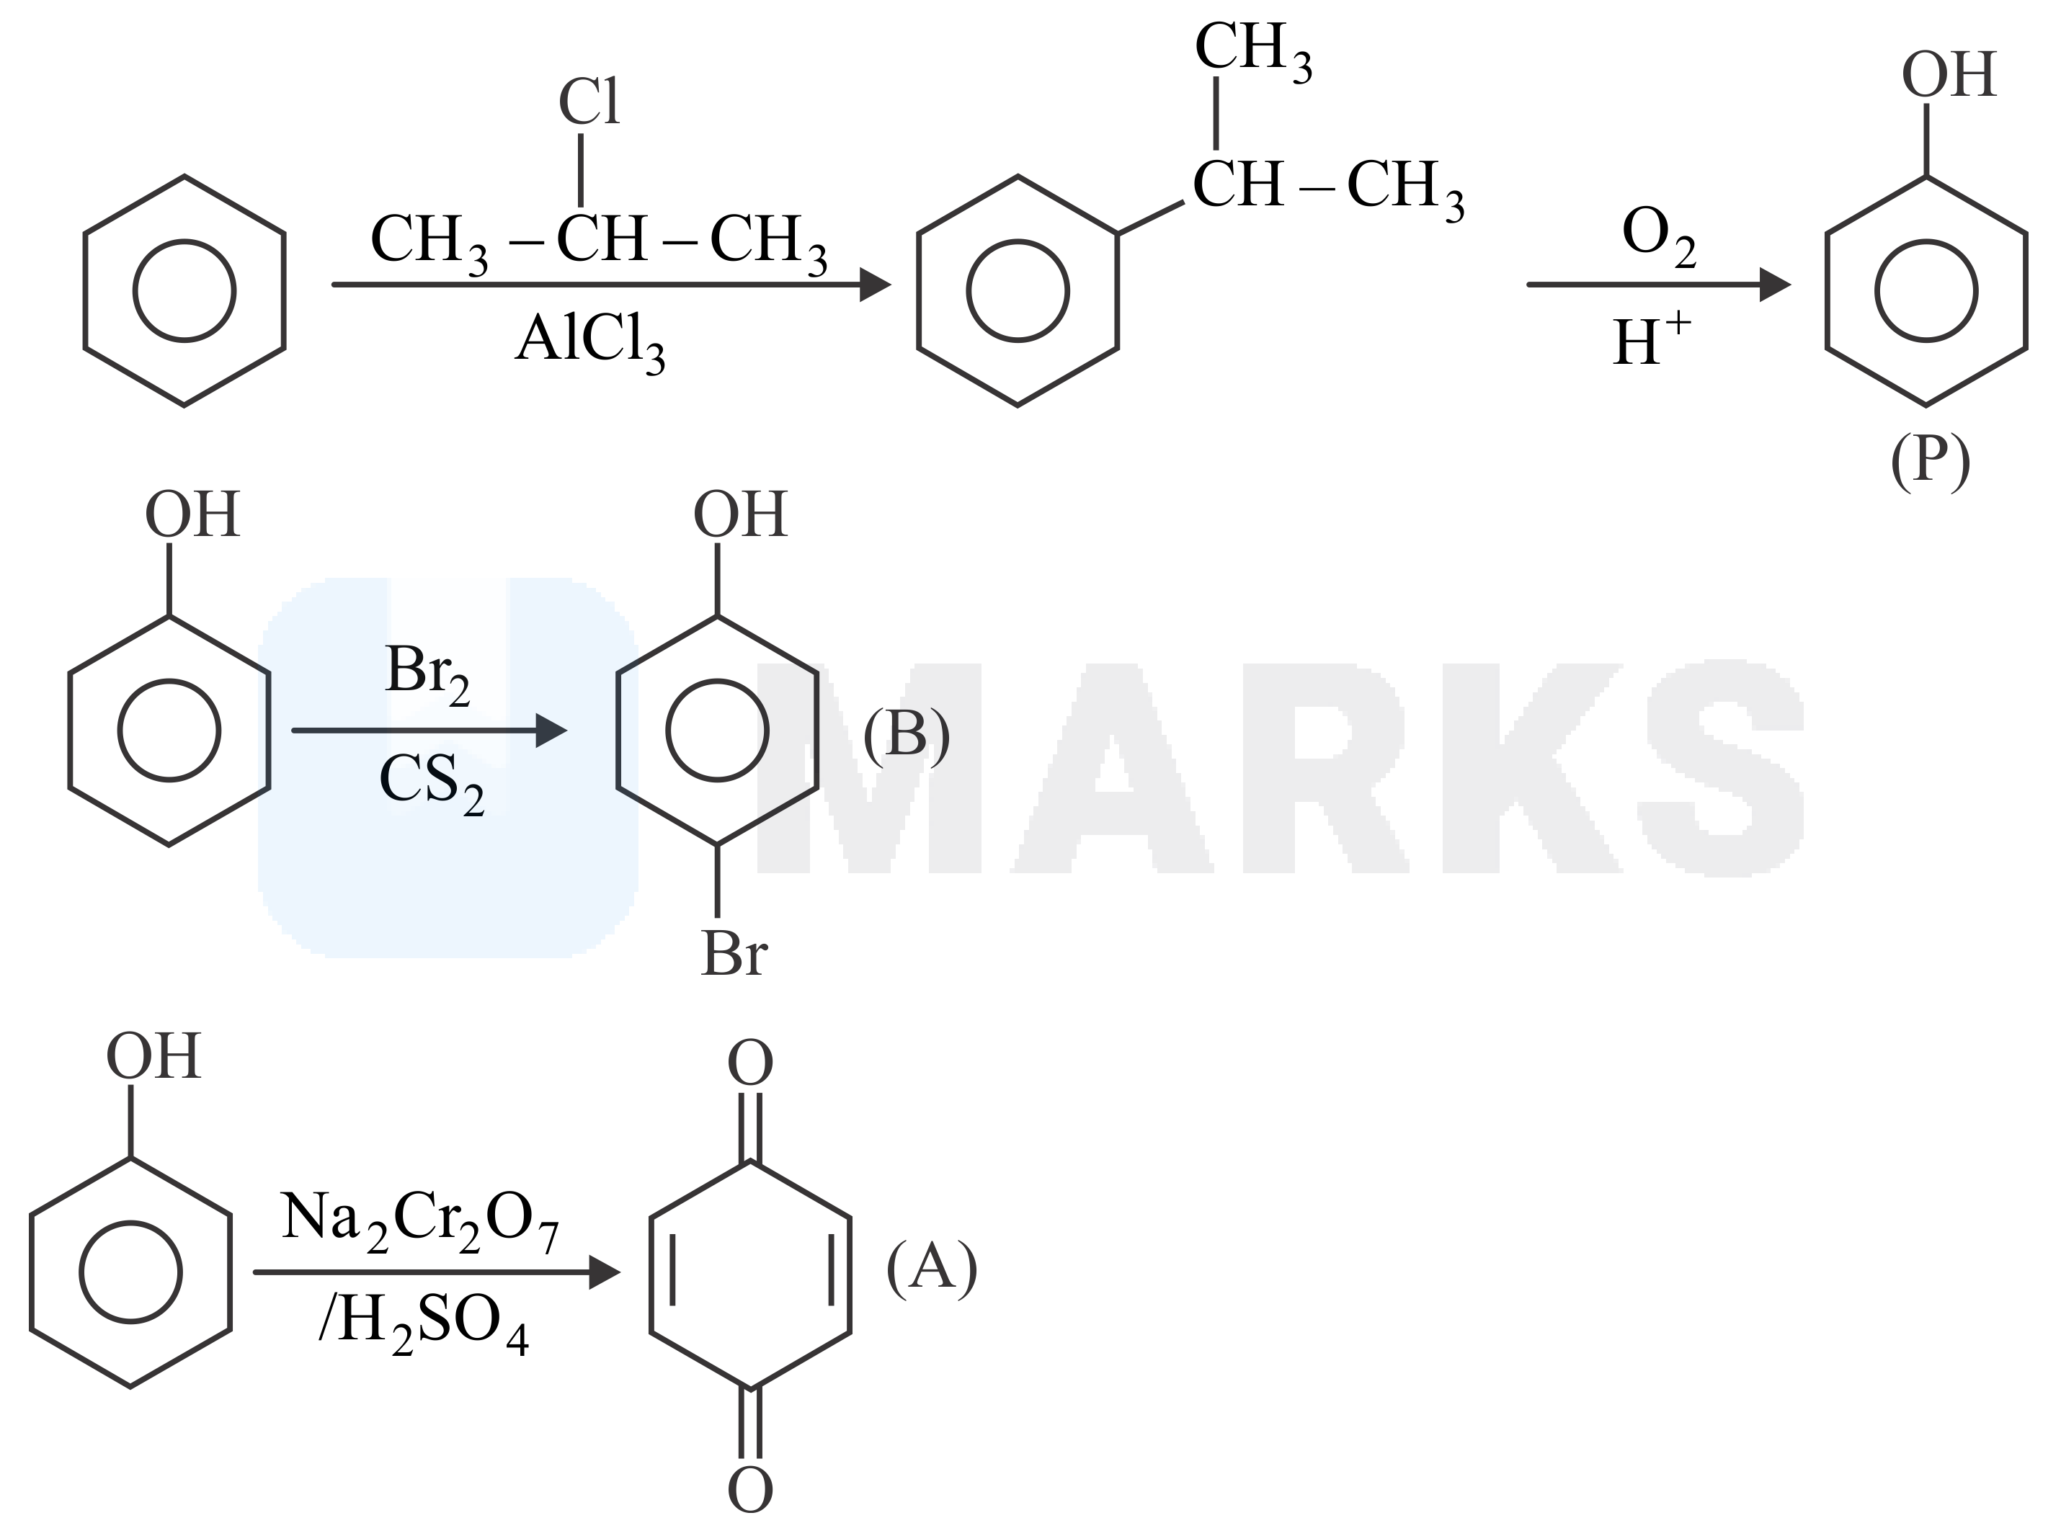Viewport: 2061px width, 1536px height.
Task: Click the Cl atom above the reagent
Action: click(x=588, y=102)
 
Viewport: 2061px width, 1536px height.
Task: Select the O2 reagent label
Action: click(x=1658, y=236)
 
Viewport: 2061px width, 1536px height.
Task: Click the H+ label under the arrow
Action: click(x=1652, y=339)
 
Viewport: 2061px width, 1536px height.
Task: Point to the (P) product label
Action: click(x=1930, y=462)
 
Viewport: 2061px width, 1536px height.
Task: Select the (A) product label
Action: click(x=931, y=1267)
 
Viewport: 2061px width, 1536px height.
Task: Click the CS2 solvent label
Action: click(x=432, y=784)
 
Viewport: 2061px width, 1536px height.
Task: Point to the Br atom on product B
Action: click(x=734, y=953)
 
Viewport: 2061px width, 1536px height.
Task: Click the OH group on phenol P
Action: click(x=1949, y=74)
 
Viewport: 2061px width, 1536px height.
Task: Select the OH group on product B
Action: click(x=740, y=514)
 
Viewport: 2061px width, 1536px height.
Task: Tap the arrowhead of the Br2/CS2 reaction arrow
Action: click(x=551, y=731)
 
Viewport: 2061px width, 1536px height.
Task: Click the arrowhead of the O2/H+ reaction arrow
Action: click(x=1774, y=285)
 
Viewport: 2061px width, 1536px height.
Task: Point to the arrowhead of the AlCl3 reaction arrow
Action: click(x=874, y=285)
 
